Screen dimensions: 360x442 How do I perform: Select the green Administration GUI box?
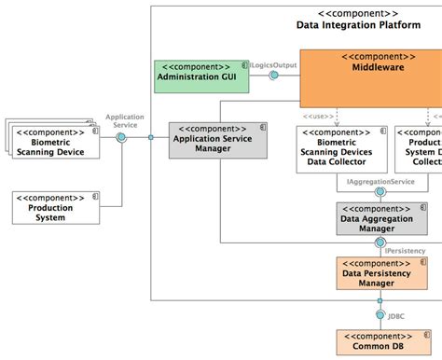click(201, 76)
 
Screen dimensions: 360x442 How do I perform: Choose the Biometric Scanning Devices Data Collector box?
click(338, 146)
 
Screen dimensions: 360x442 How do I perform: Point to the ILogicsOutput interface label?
click(272, 64)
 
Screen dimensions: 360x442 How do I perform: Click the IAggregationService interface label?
click(380, 183)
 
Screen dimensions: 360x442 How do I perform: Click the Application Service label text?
click(124, 120)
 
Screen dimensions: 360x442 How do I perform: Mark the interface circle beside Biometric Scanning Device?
click(120, 137)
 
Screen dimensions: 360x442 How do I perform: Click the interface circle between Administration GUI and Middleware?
click(274, 76)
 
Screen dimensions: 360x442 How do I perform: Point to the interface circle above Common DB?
click(380, 303)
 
